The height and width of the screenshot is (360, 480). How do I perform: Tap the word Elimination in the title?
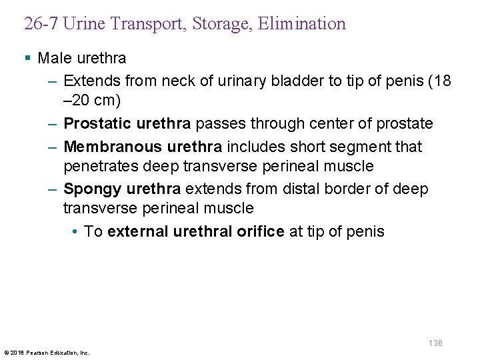(306, 25)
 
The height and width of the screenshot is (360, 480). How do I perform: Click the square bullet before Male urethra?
(27, 59)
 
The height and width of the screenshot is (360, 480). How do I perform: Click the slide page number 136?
(435, 343)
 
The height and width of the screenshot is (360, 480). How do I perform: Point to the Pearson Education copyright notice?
(47, 352)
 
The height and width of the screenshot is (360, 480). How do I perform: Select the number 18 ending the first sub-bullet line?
(442, 81)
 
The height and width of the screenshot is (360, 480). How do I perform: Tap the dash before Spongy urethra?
(53, 189)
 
